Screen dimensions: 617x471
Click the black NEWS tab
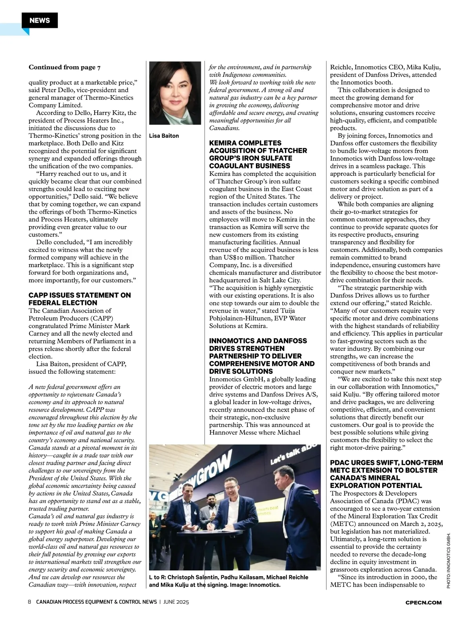click(x=40, y=20)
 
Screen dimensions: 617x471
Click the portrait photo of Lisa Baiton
click(x=175, y=93)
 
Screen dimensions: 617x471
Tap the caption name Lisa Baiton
click(x=164, y=136)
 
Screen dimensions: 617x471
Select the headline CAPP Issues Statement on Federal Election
click(x=80, y=299)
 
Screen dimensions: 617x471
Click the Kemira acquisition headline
click(x=258, y=154)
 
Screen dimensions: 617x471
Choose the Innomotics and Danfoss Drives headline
click(x=261, y=356)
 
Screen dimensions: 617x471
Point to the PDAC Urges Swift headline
click(x=386, y=474)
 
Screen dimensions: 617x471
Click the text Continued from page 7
click(x=64, y=67)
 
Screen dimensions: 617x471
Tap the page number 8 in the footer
click(x=29, y=602)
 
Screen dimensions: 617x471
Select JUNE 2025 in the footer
click(x=176, y=602)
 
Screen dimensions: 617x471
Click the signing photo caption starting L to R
click(x=228, y=581)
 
